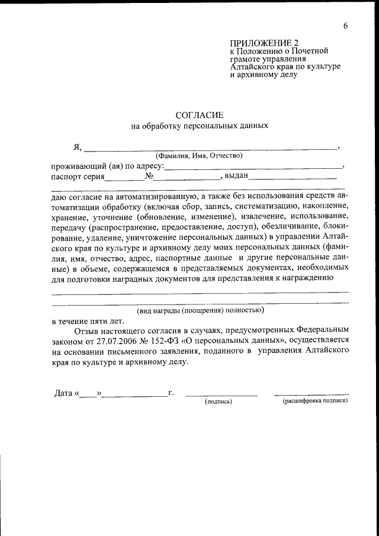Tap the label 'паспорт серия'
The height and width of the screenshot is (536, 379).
pyautogui.click(x=78, y=176)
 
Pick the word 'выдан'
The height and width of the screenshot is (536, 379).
pyautogui.click(x=235, y=176)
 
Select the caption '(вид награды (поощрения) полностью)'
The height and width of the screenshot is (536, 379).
pyautogui.click(x=200, y=310)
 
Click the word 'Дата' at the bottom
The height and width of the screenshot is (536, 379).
pyautogui.click(x=63, y=393)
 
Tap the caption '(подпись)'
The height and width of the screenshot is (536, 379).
pyautogui.click(x=219, y=402)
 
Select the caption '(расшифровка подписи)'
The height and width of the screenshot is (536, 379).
pyautogui.click(x=314, y=401)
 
